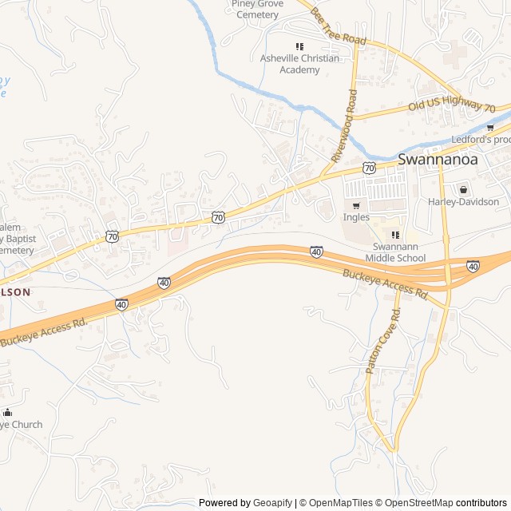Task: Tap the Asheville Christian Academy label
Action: (x=299, y=64)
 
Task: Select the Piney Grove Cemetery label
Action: (x=256, y=9)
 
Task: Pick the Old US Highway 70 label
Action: (x=452, y=106)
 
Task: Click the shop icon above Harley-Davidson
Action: (x=463, y=189)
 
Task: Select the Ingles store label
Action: (x=356, y=217)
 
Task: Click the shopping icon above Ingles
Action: (x=356, y=205)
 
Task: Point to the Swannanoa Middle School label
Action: (x=395, y=252)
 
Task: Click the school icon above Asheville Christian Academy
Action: (x=299, y=46)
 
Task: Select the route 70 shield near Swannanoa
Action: (x=368, y=168)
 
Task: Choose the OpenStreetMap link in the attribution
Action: (x=419, y=503)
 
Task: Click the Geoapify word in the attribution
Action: (x=273, y=503)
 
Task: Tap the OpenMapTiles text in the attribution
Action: (x=339, y=503)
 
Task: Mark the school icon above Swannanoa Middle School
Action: (x=395, y=235)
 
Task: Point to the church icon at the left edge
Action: (x=7, y=412)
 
